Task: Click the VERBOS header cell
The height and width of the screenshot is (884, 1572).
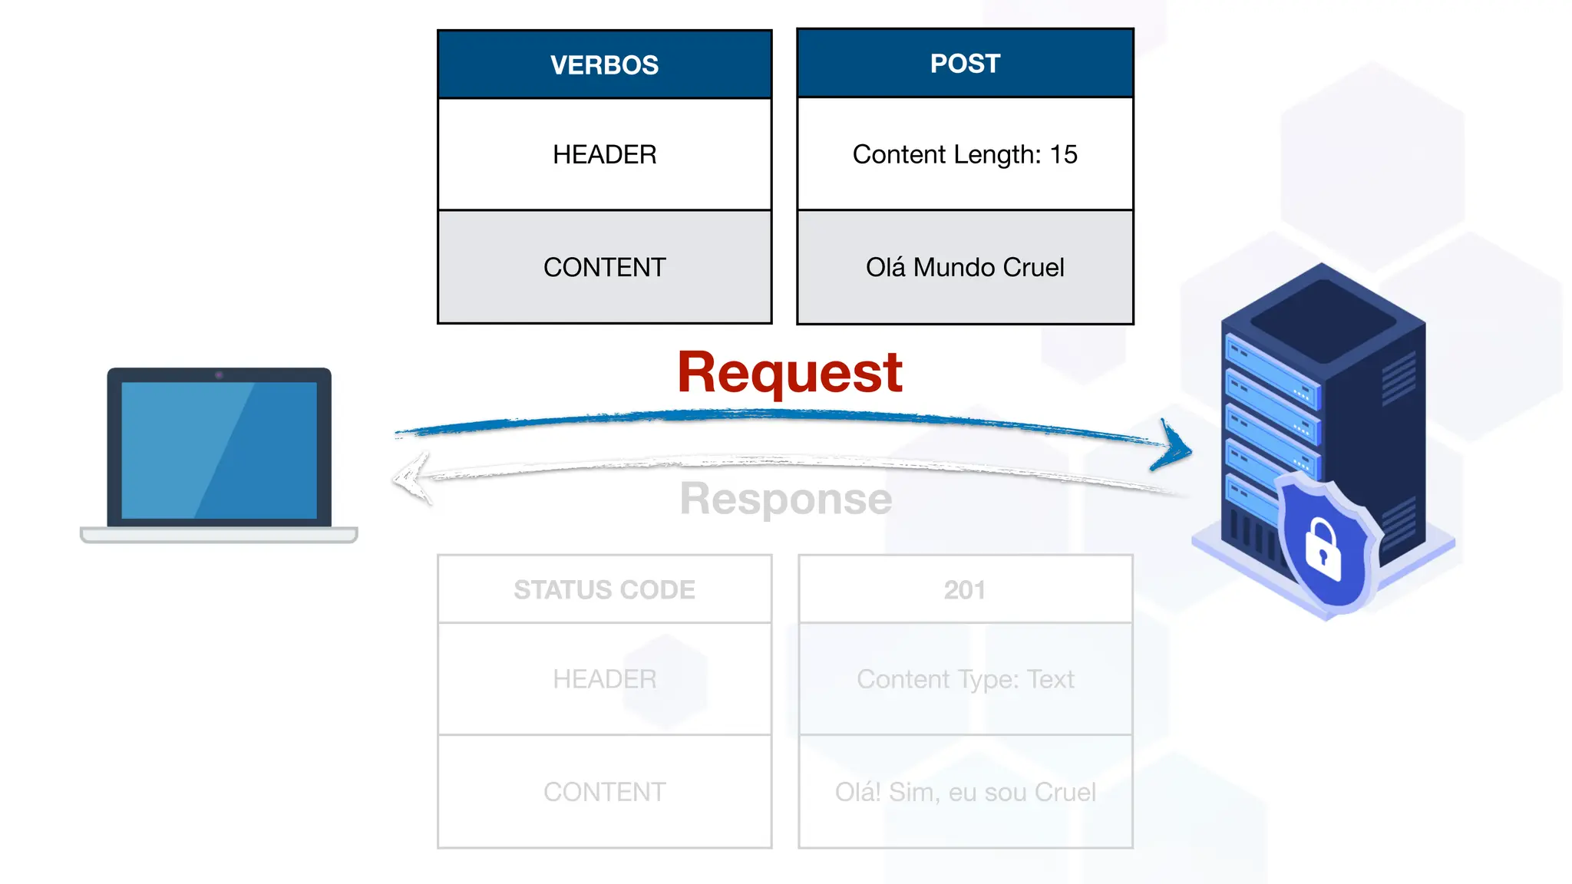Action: click(604, 65)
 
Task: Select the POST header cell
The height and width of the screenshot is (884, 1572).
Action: click(965, 64)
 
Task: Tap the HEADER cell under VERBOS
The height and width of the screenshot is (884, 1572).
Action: click(604, 154)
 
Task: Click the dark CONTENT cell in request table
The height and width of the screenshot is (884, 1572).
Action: click(604, 267)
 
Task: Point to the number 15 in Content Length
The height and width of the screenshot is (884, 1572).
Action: click(1064, 154)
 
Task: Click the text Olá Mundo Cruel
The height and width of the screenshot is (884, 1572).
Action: click(965, 267)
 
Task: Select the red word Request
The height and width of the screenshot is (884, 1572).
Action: click(789, 373)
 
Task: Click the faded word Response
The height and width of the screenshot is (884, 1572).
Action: click(785, 499)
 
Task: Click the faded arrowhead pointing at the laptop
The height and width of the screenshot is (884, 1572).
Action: click(410, 477)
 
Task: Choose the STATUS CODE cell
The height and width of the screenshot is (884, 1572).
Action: click(604, 589)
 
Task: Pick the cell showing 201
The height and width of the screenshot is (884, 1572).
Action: click(965, 589)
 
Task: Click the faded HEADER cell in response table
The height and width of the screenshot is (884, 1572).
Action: click(604, 679)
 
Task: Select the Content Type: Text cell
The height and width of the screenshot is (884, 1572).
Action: click(965, 679)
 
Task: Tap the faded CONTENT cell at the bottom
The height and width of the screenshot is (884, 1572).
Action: click(604, 792)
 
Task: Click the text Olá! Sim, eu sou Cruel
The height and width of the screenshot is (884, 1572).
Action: click(965, 792)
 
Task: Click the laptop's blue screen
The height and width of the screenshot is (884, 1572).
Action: click(219, 450)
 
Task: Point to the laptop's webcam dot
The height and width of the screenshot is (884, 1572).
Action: click(219, 375)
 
